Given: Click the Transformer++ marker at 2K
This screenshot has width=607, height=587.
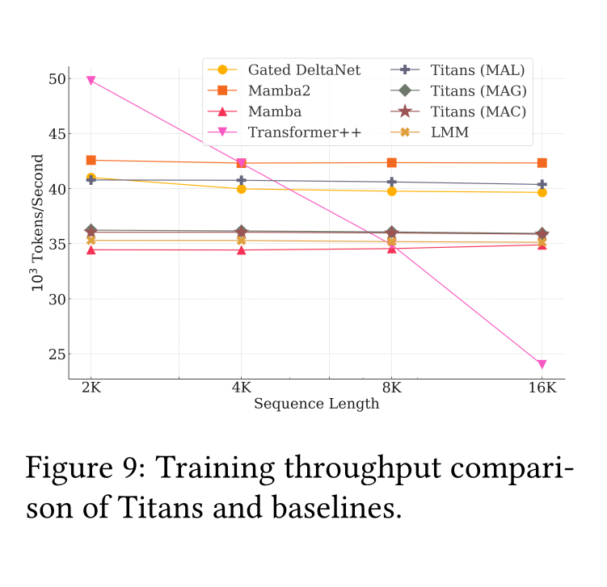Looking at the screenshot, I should pos(91,81).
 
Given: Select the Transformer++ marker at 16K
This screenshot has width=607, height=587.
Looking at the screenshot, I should pos(542,364).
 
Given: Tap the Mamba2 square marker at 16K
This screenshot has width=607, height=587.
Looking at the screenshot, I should pos(542,163).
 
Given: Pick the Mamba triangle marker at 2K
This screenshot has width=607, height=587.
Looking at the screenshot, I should pos(91,249).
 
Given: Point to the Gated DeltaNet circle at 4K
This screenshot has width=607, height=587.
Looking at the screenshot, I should pos(241,189).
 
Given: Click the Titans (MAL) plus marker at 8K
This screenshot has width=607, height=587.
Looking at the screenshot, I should pos(391,182).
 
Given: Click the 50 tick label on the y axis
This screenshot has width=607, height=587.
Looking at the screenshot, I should pos(57,79).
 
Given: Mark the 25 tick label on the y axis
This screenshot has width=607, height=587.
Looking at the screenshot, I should pos(57,354).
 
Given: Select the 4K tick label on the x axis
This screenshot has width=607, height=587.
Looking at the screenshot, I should pos(241,388).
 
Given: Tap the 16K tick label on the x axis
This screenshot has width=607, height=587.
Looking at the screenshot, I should pos(542,388).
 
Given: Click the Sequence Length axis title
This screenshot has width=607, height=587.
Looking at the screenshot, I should pos(316,404).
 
